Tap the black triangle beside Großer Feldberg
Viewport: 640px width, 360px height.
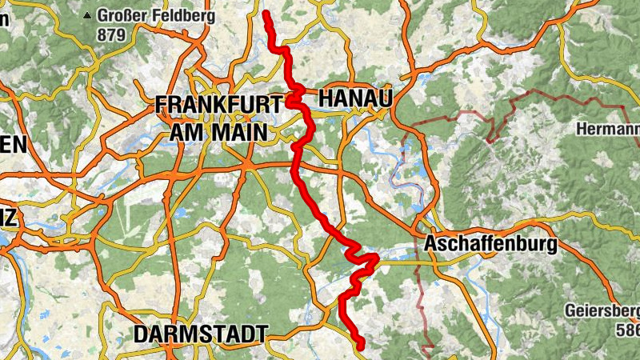click(87, 15)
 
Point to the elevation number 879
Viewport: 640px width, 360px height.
click(111, 34)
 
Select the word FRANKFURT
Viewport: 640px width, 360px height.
click(219, 104)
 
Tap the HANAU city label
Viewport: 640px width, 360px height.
click(356, 98)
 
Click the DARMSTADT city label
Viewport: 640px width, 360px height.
click(200, 334)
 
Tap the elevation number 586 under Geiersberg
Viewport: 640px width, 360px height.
click(628, 330)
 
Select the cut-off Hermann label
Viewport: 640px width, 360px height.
click(607, 129)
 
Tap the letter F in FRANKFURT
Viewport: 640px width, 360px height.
click(162, 104)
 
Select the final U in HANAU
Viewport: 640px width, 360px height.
click(386, 98)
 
